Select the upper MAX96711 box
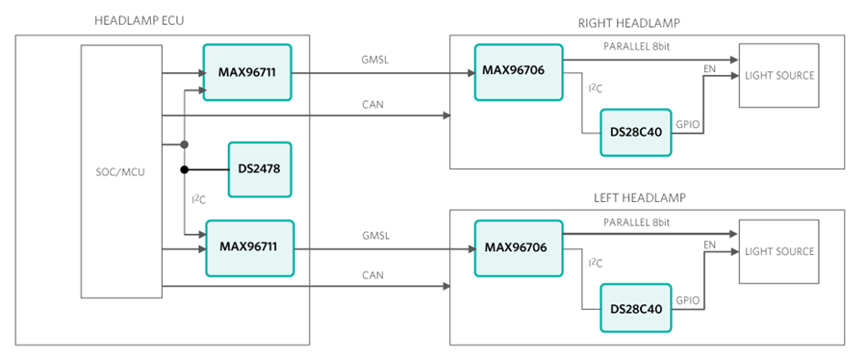[x=247, y=72]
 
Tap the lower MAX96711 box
[x=247, y=247]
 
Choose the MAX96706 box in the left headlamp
[x=516, y=247]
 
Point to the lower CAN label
[x=373, y=274]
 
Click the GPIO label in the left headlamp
[x=688, y=299]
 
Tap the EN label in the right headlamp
[x=710, y=70]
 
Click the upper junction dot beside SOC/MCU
[x=183, y=145]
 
